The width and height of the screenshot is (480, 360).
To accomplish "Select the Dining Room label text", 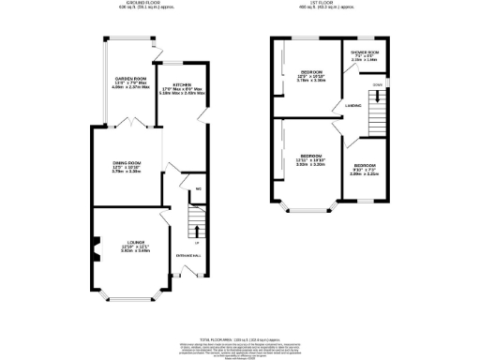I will [125, 168].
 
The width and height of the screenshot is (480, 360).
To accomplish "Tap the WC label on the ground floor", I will [186, 190].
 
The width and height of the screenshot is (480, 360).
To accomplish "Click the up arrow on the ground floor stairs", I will [195, 228].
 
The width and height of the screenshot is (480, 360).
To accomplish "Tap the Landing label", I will [354, 106].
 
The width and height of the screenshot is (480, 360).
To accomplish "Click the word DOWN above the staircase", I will [377, 84].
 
